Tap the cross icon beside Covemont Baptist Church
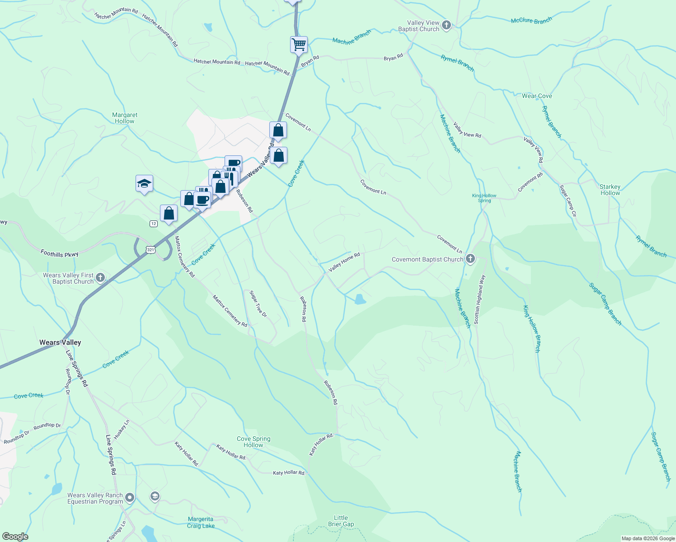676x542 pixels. pyautogui.click(x=470, y=259)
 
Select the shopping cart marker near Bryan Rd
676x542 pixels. pyautogui.click(x=299, y=45)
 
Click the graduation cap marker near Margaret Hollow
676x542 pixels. pyautogui.click(x=144, y=183)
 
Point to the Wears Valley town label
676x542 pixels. pyautogui.click(x=60, y=342)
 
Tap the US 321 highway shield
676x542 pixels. pyautogui.click(x=150, y=250)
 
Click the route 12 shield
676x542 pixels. pyautogui.click(x=154, y=224)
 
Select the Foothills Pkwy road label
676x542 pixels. pyautogui.click(x=59, y=254)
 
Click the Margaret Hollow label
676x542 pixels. pyautogui.click(x=125, y=118)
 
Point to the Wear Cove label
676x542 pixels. pyautogui.click(x=537, y=96)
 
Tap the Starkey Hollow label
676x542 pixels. pyautogui.click(x=610, y=190)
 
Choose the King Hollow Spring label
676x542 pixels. pyautogui.click(x=484, y=198)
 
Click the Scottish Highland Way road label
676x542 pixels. pyautogui.click(x=479, y=299)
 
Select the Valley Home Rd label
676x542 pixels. pyautogui.click(x=344, y=262)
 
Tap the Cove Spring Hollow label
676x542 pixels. pyautogui.click(x=253, y=442)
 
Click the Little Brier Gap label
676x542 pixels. pyautogui.click(x=341, y=521)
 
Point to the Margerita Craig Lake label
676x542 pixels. pyautogui.click(x=201, y=523)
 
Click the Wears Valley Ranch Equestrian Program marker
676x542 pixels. pyautogui.click(x=130, y=498)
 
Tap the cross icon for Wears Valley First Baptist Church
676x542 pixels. pyautogui.click(x=100, y=277)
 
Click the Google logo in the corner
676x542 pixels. pyautogui.click(x=15, y=536)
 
